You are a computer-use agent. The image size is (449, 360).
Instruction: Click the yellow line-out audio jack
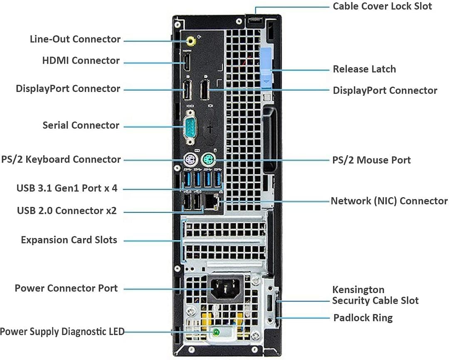[191, 41]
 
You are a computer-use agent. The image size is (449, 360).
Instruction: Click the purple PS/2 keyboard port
[190, 160]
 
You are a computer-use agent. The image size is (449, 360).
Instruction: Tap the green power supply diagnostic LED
[216, 332]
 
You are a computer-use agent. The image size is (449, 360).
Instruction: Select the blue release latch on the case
[266, 69]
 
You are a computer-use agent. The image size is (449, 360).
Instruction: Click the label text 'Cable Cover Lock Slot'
[382, 6]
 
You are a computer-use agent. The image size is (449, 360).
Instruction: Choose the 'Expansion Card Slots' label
[69, 240]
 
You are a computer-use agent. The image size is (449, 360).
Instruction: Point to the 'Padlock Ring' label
[363, 318]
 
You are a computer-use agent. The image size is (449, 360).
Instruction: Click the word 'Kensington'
[358, 290]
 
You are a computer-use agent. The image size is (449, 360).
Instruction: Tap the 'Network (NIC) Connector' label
[389, 201]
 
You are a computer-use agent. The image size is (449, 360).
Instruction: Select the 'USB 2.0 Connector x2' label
[67, 211]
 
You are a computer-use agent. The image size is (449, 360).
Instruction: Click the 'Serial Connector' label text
[81, 125]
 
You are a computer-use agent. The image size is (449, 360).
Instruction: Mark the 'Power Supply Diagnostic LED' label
[62, 332]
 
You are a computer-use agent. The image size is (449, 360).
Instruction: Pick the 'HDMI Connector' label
[81, 61]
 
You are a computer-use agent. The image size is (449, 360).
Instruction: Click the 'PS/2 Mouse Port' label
[371, 160]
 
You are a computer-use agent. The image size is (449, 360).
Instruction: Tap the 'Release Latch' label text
[364, 69]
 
